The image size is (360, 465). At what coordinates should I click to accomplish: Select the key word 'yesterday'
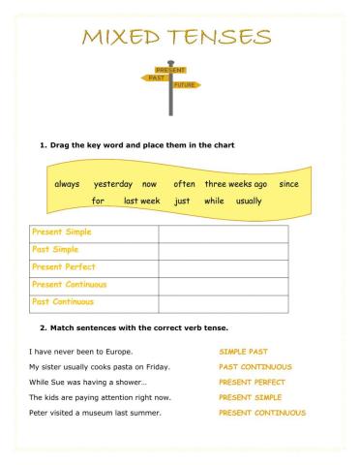[112, 183]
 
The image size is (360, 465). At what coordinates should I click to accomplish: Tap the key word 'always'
[67, 183]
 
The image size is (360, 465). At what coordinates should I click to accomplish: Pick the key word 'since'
[288, 183]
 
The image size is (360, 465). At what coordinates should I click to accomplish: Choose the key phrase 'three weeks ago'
[235, 183]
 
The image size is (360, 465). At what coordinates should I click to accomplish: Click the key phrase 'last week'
[142, 201]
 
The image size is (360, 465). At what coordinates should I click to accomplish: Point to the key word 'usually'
[249, 201]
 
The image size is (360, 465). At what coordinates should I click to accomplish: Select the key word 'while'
[214, 201]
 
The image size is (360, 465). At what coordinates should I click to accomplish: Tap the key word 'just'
[182, 201]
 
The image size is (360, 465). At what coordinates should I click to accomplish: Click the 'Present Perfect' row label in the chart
[64, 267]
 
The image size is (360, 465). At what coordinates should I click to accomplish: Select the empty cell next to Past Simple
[223, 251]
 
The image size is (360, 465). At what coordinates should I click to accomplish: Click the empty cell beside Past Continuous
[223, 303]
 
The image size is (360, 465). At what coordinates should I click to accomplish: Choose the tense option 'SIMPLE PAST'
[243, 352]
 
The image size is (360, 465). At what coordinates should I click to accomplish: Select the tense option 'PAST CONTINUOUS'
[255, 367]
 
